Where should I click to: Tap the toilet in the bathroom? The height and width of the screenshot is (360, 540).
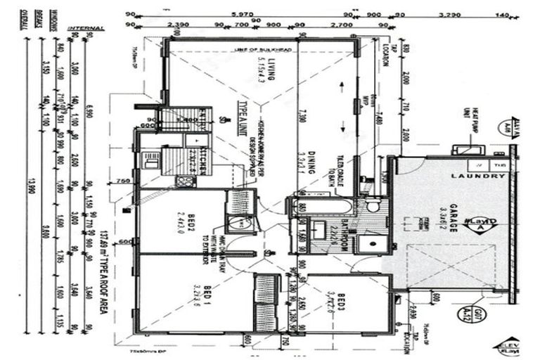[373, 206]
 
